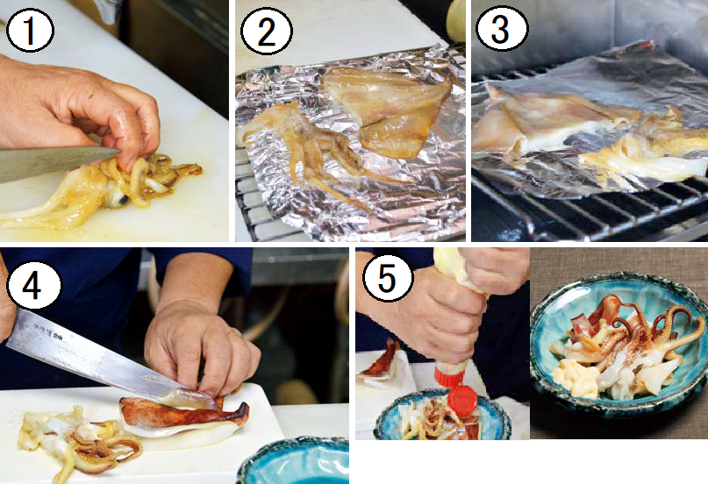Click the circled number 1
coord(30,31)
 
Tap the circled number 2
coord(267,31)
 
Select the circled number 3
coord(502,28)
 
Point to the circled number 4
coord(32,285)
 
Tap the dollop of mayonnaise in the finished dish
coord(575,378)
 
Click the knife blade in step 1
coord(54,161)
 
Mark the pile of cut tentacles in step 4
coord(79,440)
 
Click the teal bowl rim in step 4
coord(289,453)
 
